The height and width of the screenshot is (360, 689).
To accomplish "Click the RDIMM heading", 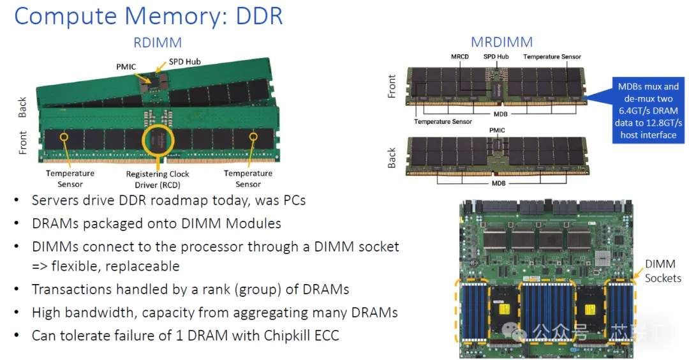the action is [x=158, y=43].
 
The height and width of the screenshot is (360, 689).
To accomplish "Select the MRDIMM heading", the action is [x=501, y=42].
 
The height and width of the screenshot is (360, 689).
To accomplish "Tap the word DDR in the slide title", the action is [x=259, y=16].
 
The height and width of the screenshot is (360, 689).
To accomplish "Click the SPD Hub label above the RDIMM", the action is [x=184, y=61].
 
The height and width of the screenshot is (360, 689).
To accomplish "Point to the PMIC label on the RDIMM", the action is [x=126, y=67].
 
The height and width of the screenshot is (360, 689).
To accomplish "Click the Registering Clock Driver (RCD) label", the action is [x=158, y=179].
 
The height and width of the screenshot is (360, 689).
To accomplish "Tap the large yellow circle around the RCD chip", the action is [x=158, y=140].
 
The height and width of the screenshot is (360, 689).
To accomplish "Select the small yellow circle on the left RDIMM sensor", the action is [x=64, y=137].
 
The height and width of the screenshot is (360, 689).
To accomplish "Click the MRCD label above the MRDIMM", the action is [x=459, y=57].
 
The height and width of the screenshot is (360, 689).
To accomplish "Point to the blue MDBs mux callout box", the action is [x=648, y=110].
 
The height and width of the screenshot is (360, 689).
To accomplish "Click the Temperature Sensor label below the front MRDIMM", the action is [x=443, y=122].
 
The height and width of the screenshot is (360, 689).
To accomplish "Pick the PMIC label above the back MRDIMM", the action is [x=497, y=131].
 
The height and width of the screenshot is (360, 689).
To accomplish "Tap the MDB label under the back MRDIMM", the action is [x=498, y=183].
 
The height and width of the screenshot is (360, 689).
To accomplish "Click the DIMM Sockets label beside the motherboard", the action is [x=663, y=271].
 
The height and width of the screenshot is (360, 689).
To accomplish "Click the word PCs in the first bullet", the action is [x=294, y=200].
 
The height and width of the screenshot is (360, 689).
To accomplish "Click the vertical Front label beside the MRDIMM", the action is [x=392, y=86].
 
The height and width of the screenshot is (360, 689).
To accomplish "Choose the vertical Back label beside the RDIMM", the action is [x=22, y=107].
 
